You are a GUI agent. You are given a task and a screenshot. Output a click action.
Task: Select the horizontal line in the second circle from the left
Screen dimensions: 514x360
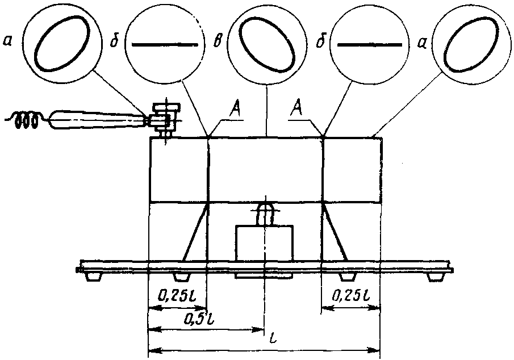(x=165, y=44)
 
